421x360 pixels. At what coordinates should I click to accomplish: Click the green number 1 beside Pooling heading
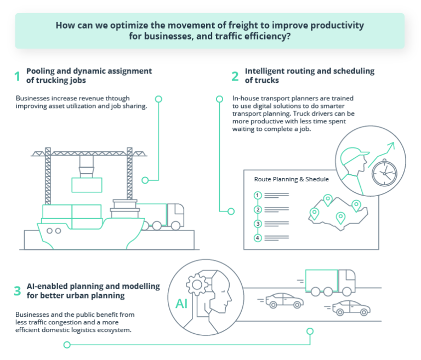[17, 76]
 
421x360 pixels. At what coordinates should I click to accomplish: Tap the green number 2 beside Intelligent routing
[235, 76]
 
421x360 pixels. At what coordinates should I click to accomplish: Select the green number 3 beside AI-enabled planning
[17, 292]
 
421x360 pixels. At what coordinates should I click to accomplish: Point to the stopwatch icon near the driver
[384, 173]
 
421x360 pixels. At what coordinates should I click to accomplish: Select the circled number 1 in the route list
[258, 195]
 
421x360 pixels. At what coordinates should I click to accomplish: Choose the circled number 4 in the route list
[258, 238]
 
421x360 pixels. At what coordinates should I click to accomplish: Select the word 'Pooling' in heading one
[41, 71]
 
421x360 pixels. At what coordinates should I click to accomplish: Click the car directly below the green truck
[285, 301]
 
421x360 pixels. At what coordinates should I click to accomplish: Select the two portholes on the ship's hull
[54, 231]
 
